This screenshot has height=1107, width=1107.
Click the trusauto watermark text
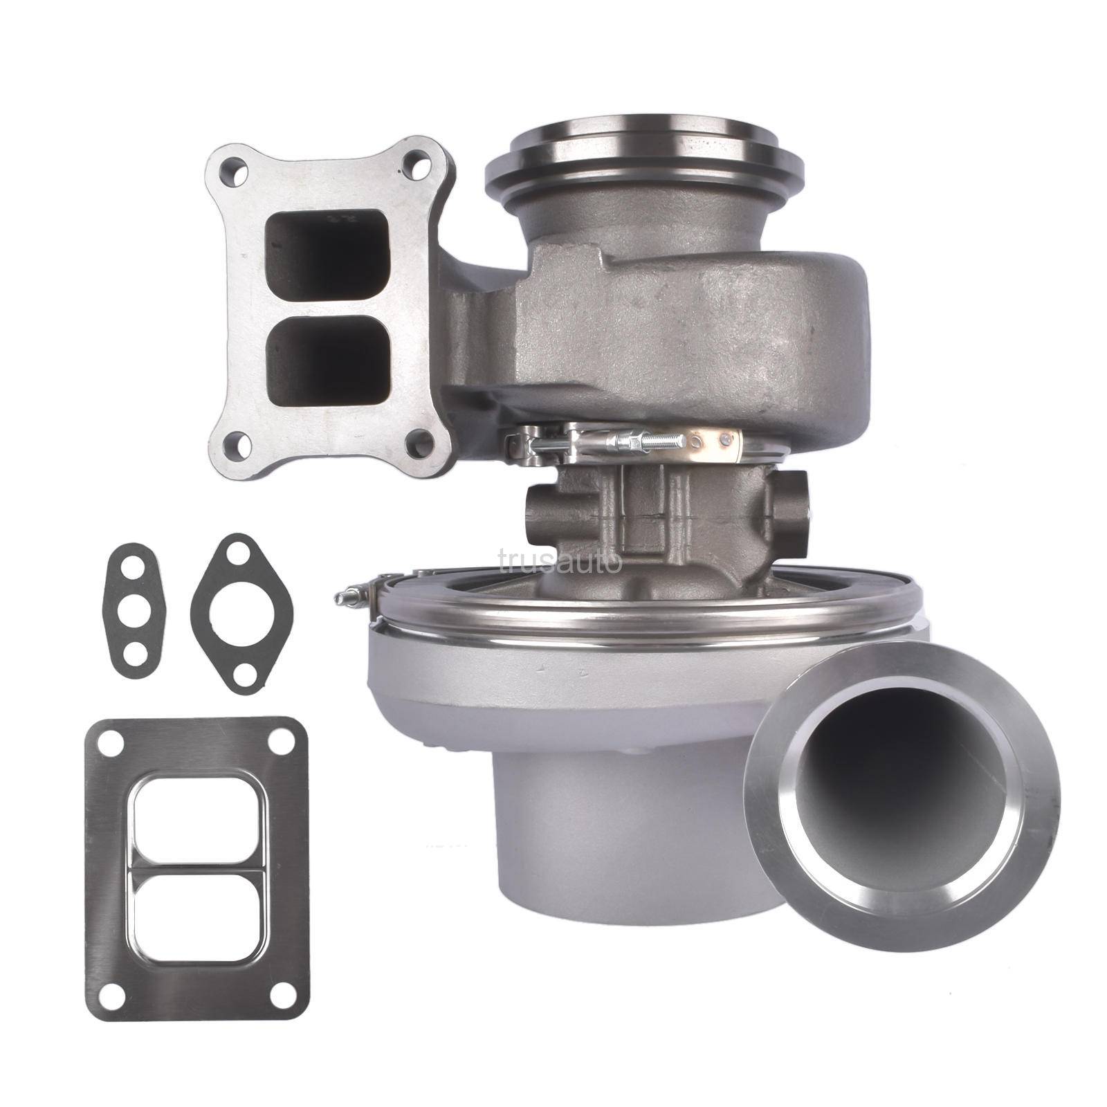tap(560, 561)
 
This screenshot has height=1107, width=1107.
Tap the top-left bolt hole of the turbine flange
tap(233, 170)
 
